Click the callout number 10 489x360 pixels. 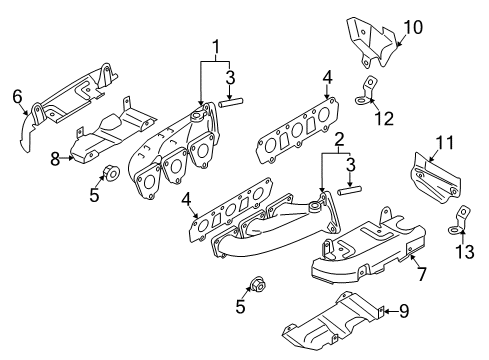pyautogui.click(x=413, y=27)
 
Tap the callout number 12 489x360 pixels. pyautogui.click(x=384, y=118)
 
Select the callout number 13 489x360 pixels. pyautogui.click(x=465, y=252)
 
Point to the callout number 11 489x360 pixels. pyautogui.click(x=445, y=143)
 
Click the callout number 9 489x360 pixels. pyautogui.click(x=404, y=311)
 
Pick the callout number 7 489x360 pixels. pyautogui.click(x=421, y=274)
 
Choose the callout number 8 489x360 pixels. pyautogui.click(x=55, y=159)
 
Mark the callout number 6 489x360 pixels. pyautogui.click(x=17, y=97)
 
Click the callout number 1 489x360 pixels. pyautogui.click(x=216, y=47)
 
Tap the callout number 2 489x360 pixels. pyautogui.click(x=339, y=140)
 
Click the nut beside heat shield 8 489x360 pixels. pyautogui.click(x=111, y=173)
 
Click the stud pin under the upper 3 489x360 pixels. pyautogui.click(x=231, y=102)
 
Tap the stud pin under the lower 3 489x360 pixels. pyautogui.click(x=349, y=191)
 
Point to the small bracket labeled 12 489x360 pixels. pyautogui.click(x=366, y=91)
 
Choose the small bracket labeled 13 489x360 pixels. pyautogui.click(x=459, y=220)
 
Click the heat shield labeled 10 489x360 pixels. pyautogui.click(x=372, y=43)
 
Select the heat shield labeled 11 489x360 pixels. pyautogui.click(x=435, y=179)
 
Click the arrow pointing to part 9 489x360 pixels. pyautogui.click(x=392, y=311)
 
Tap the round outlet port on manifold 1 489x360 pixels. pyautogui.click(x=196, y=117)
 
